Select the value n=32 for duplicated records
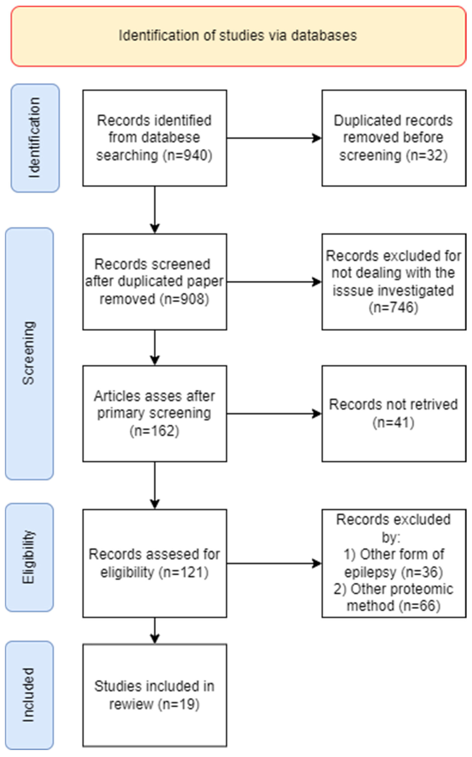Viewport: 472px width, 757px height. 427,155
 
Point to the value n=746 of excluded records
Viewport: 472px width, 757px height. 393,308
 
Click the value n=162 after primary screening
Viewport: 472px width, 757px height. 154,431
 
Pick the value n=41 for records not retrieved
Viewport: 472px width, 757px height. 393,422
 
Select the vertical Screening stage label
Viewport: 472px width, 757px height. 29,353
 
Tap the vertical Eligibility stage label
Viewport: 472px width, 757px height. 29,557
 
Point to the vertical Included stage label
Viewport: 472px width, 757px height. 29,695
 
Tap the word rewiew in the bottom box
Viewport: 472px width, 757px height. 131,704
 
